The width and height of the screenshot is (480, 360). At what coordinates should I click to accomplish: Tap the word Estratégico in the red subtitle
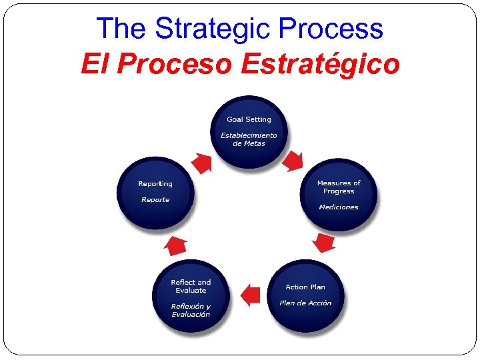[x=321, y=65]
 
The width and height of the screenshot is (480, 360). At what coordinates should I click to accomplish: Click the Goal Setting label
[x=249, y=120]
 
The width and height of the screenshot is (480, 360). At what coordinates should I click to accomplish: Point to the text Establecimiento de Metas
[x=249, y=139]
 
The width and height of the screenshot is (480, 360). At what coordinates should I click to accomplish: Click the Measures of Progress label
[x=339, y=187]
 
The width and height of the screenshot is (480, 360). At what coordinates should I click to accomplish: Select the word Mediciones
[x=339, y=207]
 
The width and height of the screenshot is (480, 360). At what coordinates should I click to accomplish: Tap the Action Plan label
[x=305, y=287]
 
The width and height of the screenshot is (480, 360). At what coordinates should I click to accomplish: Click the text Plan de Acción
[x=305, y=303]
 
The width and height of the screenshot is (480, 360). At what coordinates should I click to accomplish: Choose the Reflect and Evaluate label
[x=191, y=287]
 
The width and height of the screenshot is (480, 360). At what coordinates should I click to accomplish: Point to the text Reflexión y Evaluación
[x=191, y=311]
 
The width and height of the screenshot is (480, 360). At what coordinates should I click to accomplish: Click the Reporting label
[x=155, y=184]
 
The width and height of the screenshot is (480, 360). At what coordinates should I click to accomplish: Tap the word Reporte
[x=155, y=200]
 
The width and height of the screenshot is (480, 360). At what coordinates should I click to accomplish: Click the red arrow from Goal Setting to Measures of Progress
[x=293, y=161]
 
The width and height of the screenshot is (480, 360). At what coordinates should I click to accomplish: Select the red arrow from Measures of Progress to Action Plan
[x=324, y=242]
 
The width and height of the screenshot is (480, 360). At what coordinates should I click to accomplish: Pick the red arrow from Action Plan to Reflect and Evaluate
[x=250, y=294]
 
